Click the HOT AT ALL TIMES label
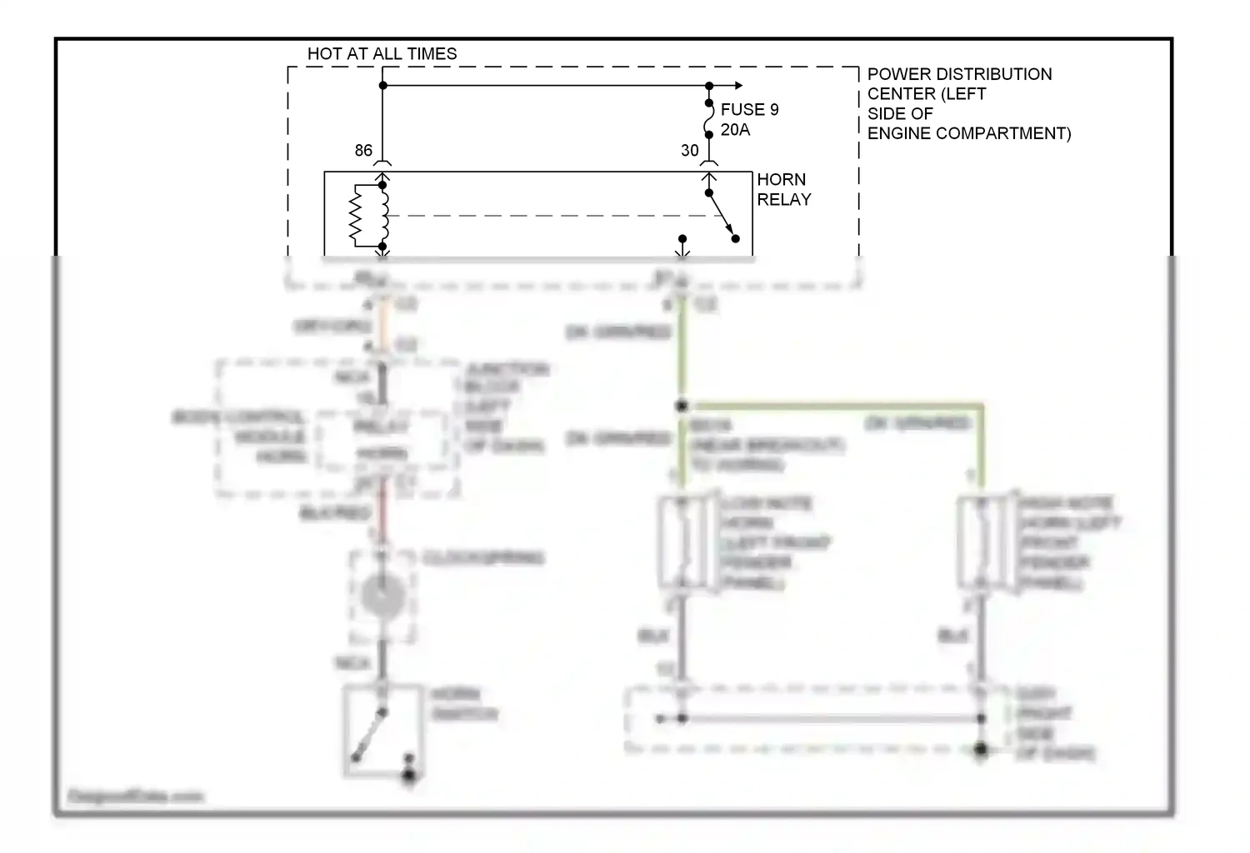[382, 54]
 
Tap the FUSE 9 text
[749, 110]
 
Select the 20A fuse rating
[735, 130]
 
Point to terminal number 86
[363, 151]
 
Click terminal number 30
[689, 151]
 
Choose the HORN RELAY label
[783, 190]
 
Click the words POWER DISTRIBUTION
[959, 74]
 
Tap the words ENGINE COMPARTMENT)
[968, 133]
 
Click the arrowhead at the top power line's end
[738, 86]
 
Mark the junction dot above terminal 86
[383, 86]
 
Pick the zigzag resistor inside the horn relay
[356, 216]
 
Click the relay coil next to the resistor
[383, 216]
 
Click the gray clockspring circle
[383, 596]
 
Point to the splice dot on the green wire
[682, 407]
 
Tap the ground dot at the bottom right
[981, 750]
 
